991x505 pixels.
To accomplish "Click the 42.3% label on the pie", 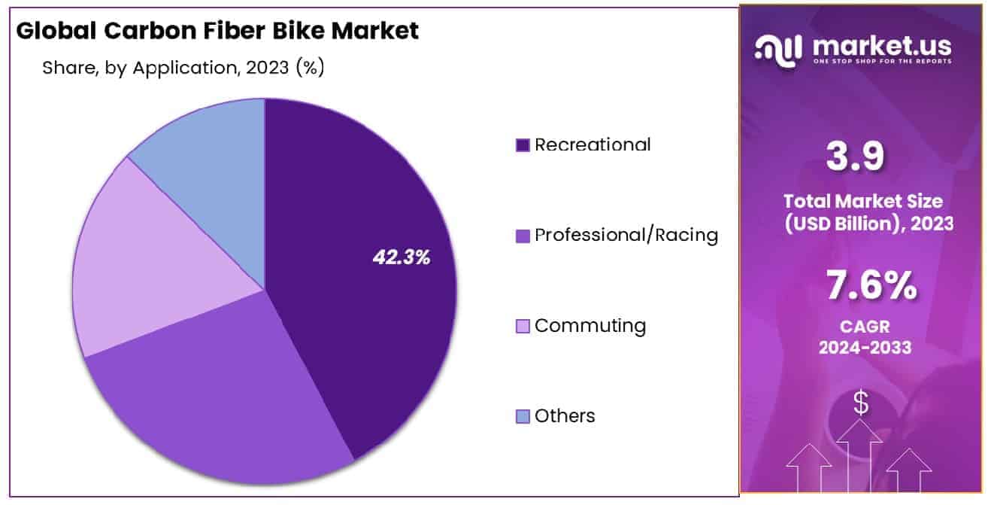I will click(x=402, y=257).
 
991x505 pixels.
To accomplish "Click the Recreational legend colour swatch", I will click(x=523, y=145).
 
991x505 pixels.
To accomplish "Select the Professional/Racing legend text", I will click(x=626, y=235).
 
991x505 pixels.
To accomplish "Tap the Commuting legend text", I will click(x=590, y=326).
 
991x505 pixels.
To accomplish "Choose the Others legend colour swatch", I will click(x=523, y=416).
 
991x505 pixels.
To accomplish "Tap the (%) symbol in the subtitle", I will click(x=311, y=68).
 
